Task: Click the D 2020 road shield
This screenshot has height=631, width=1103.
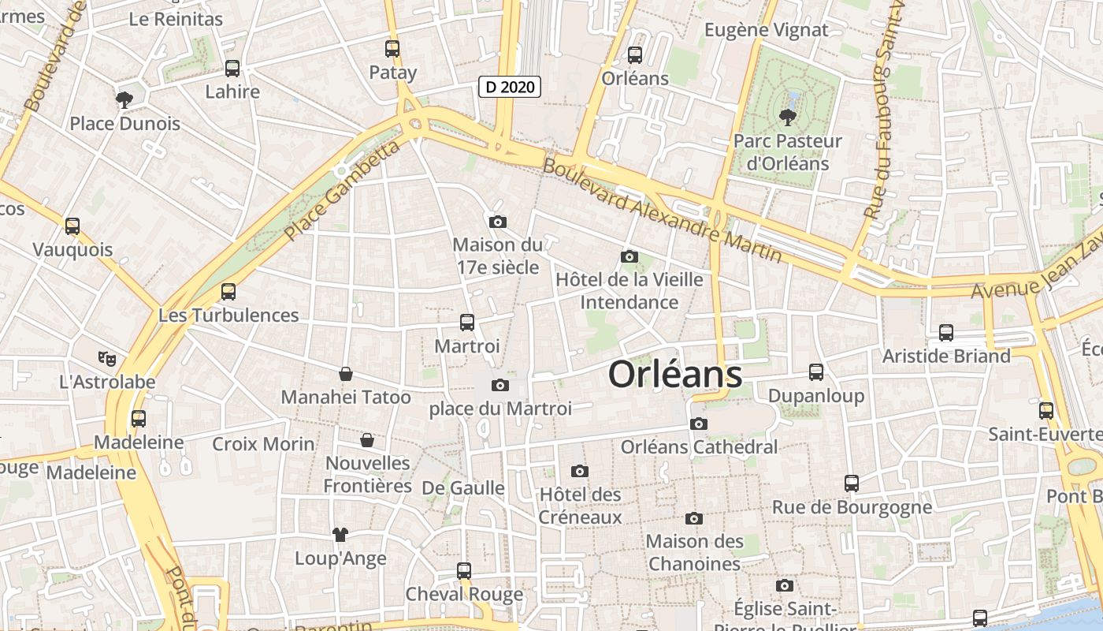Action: [x=510, y=87]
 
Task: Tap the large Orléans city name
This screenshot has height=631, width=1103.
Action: [x=675, y=375]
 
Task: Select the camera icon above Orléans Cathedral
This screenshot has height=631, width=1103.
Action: [x=698, y=424]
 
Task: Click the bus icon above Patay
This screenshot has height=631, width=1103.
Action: [x=392, y=49]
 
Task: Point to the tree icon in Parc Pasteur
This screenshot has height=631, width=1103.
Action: [x=786, y=118]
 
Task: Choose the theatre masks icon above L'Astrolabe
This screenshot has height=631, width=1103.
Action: [x=107, y=359]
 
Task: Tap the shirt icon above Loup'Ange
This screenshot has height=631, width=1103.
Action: [x=340, y=535]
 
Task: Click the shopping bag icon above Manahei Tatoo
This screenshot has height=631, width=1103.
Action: [x=345, y=374]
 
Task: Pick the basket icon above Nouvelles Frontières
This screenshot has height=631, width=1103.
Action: [x=366, y=440]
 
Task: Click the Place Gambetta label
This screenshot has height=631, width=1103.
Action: [x=342, y=192]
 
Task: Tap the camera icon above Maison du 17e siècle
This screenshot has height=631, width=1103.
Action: [x=497, y=222]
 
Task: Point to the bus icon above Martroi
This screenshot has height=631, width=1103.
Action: [x=467, y=322]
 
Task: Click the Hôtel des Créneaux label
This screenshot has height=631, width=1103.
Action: [x=580, y=506]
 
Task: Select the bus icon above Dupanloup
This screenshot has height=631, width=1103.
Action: [x=816, y=372]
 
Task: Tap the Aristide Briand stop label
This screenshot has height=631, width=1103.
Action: [x=945, y=356]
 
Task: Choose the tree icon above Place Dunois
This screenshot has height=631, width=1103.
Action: [x=124, y=99]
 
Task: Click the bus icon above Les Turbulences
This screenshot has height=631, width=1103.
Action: [x=228, y=292]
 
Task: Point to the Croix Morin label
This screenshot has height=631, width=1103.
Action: [x=263, y=444]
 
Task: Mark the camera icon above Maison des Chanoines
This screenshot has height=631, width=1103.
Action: [x=693, y=518]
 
